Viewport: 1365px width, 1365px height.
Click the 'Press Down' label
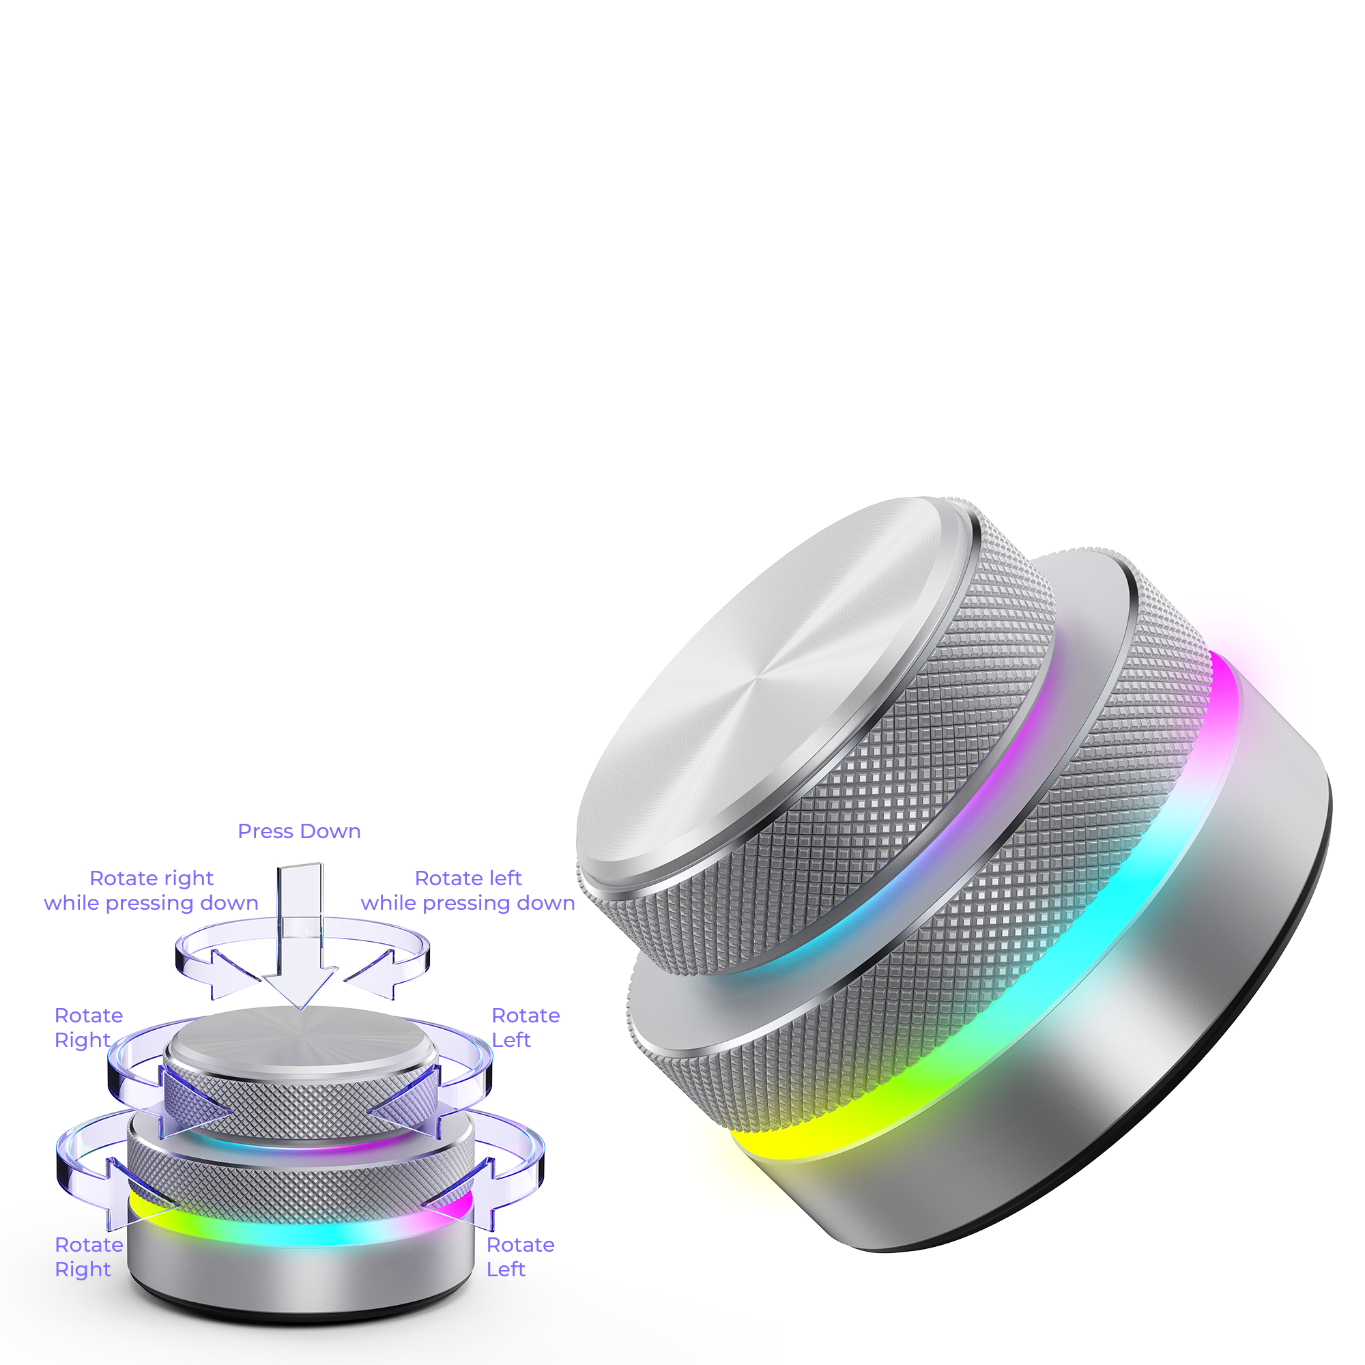coord(299,831)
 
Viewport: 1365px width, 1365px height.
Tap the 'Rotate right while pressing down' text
coord(152,890)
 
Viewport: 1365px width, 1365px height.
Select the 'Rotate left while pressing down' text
coord(468,890)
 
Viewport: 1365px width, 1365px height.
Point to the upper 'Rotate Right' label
coord(88,1027)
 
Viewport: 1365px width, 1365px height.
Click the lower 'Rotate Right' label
coord(88,1257)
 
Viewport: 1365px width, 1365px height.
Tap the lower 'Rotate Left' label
coord(520,1257)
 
